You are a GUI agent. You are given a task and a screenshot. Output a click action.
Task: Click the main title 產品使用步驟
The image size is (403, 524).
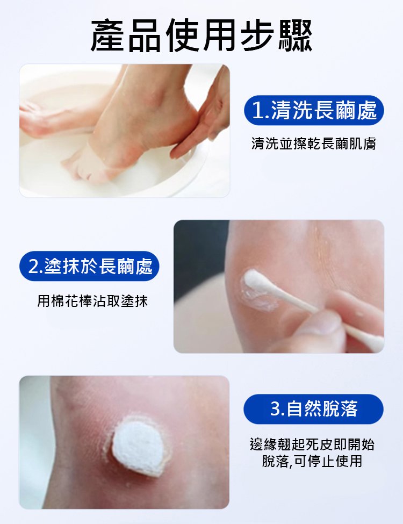(201, 35)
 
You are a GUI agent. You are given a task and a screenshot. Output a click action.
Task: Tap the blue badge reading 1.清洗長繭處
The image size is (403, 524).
(314, 110)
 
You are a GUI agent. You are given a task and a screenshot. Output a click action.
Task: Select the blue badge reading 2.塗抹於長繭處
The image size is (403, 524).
(89, 267)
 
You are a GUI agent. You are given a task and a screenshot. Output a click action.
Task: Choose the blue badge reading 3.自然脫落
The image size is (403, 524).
(313, 408)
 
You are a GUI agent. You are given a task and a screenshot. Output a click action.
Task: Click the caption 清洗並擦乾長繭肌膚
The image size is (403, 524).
(314, 143)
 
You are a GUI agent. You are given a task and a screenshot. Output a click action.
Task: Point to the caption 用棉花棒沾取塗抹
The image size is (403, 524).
(92, 301)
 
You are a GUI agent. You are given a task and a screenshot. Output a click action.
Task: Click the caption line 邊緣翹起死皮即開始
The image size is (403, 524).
(312, 445)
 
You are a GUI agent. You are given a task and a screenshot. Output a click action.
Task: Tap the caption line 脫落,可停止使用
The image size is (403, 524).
(312, 461)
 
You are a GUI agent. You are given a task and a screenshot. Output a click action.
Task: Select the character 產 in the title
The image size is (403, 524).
(109, 35)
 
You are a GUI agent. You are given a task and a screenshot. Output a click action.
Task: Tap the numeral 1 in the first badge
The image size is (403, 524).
(257, 111)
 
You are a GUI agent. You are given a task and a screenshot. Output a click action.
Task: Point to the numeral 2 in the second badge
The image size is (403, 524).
(33, 267)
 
